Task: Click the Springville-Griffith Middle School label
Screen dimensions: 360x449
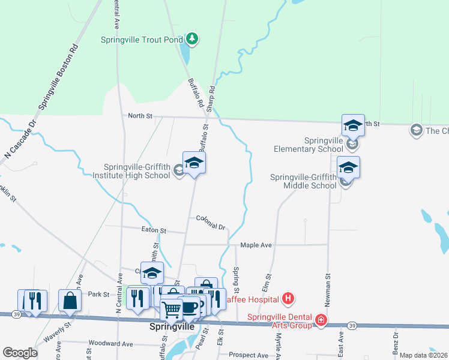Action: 303,181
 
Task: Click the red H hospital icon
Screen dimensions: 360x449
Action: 289,298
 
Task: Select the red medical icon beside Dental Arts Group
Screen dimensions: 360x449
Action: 322,320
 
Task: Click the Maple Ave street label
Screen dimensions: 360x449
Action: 256,245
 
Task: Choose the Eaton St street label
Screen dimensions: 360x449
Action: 154,230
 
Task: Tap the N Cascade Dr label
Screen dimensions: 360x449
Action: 20,138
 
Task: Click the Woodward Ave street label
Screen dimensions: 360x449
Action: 110,344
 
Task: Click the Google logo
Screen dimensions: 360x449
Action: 20,353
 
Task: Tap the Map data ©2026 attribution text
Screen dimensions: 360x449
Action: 423,355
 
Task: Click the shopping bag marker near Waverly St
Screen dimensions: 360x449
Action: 70,301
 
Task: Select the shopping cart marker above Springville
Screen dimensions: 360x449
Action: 172,310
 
